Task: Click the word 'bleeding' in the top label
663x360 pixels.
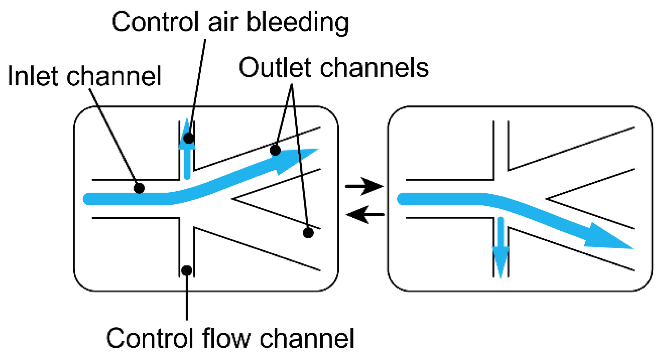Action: [298, 22]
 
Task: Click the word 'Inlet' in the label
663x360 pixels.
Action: [32, 76]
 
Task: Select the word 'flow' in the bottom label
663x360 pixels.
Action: [226, 338]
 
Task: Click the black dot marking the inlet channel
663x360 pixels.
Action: [139, 188]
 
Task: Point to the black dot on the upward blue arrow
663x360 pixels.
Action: [188, 138]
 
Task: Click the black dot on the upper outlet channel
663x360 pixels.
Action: [275, 150]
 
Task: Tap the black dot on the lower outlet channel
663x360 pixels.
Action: [308, 233]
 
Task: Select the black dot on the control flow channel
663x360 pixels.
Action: [187, 270]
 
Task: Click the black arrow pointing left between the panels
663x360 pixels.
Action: [364, 215]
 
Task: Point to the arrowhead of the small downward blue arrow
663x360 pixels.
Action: [500, 261]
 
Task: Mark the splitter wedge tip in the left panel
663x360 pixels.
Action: [234, 198]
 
